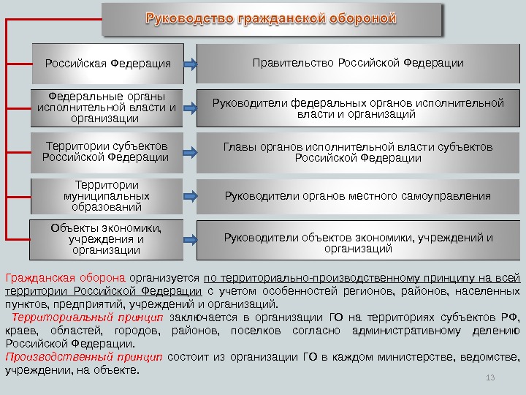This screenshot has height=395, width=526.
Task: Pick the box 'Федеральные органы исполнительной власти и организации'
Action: click(x=107, y=107)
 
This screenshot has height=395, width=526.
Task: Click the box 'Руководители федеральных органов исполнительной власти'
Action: click(x=358, y=108)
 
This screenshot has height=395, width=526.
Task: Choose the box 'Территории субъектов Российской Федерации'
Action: click(x=107, y=151)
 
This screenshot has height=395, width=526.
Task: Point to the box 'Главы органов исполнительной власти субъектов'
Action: click(x=358, y=152)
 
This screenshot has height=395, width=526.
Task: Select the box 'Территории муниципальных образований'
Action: click(x=107, y=196)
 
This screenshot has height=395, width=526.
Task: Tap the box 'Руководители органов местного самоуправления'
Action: click(x=358, y=196)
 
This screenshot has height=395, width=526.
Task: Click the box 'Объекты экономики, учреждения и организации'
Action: click(x=106, y=239)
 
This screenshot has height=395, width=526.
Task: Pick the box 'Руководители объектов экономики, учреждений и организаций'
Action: click(x=358, y=242)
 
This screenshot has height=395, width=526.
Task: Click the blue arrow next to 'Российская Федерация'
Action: click(x=188, y=64)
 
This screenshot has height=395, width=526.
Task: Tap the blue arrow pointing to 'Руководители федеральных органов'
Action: click(x=188, y=109)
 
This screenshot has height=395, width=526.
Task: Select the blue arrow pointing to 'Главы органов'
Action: click(x=188, y=153)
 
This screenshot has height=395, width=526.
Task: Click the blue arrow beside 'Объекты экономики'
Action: click(x=188, y=239)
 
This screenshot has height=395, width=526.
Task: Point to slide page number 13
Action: click(x=490, y=377)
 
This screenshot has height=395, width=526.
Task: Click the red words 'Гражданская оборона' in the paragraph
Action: click(x=64, y=278)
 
